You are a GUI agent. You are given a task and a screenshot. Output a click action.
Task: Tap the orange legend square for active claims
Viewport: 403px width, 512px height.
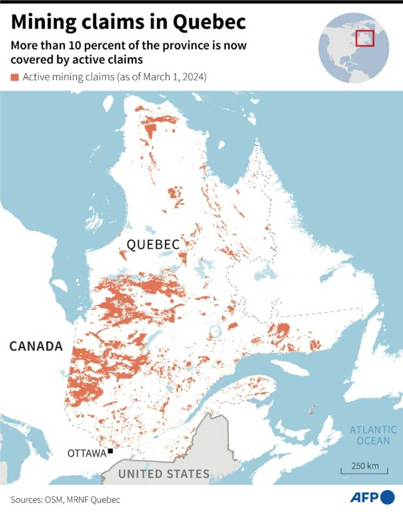(15, 77)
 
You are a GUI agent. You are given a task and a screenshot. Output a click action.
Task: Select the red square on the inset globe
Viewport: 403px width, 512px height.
(365, 38)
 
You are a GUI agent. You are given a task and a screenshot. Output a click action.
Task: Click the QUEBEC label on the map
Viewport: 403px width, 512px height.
(153, 245)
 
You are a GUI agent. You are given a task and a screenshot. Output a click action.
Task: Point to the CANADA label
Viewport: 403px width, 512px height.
(36, 346)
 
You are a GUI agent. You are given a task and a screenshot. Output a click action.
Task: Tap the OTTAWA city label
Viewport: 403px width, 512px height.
(87, 453)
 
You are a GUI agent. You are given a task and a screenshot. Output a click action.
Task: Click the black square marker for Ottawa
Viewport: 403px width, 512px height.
(110, 451)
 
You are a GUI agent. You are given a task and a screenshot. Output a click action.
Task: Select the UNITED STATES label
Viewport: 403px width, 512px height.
(164, 474)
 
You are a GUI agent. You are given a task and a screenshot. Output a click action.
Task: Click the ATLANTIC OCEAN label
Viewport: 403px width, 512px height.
(373, 435)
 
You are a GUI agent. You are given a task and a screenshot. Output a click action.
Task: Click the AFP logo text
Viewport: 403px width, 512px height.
(364, 498)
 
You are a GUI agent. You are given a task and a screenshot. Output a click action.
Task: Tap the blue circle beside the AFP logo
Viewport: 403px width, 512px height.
(388, 497)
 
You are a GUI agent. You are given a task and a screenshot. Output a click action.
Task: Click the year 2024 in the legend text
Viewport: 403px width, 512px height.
(195, 77)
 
